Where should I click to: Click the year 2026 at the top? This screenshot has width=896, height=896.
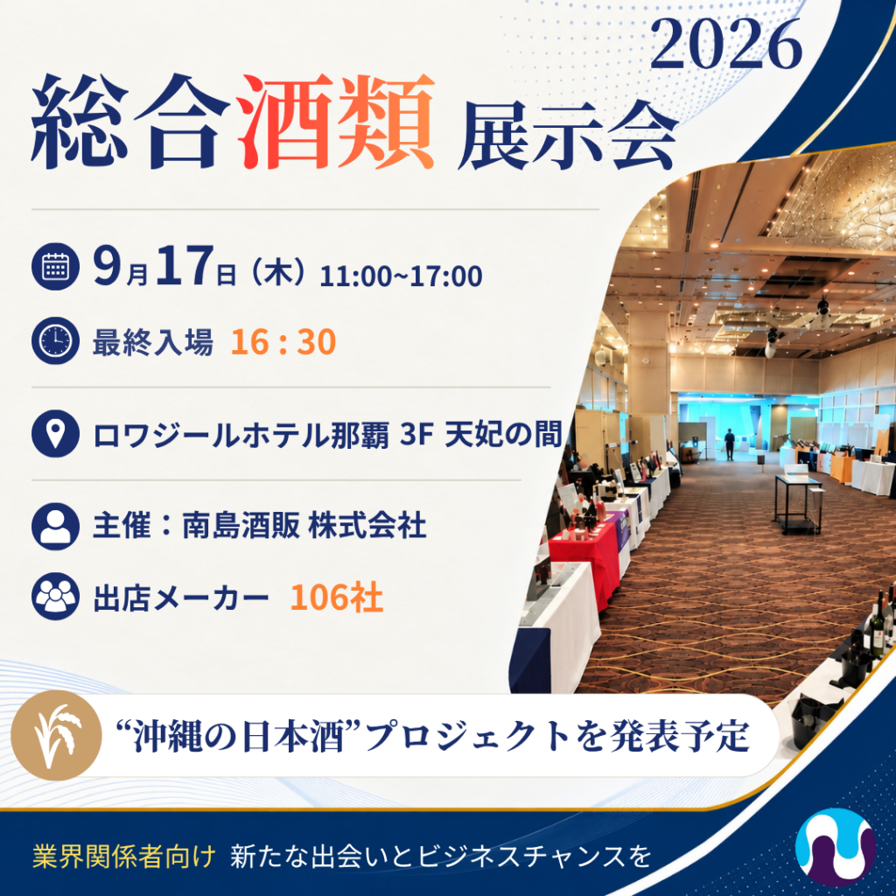coord(726,45)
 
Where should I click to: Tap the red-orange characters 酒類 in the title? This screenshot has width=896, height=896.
coord(335,122)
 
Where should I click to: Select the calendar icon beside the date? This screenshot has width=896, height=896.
coord(55,266)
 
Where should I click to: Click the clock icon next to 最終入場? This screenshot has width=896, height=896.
coord(55,340)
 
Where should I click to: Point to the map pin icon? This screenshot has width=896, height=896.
coord(55,433)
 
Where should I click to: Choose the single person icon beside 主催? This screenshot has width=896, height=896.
coord(55,526)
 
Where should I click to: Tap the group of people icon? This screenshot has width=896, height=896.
coord(55,597)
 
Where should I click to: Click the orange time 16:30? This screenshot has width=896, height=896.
coord(283,342)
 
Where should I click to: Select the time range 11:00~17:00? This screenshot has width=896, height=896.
coord(401,276)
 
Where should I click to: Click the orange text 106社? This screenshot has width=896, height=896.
coord(337,598)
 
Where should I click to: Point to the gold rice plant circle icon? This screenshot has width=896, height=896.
coord(56,735)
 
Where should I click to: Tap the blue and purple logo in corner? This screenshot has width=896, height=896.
coord(836,847)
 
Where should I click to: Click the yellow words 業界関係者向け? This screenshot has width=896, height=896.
coord(124,856)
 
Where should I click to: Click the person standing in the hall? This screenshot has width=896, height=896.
coord(730,444)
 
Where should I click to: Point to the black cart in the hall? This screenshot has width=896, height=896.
coord(798,503)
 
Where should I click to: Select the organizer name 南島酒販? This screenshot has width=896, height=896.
coord(241,526)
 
